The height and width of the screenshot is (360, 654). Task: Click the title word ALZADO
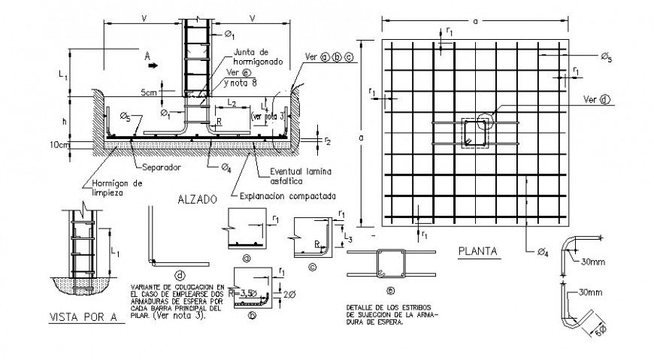coord(198,200)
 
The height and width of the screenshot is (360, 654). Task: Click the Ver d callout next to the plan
coord(596,99)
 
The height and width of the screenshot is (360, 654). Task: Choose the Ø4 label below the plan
coord(543,251)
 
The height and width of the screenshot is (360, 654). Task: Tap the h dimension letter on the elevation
coord(66,121)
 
